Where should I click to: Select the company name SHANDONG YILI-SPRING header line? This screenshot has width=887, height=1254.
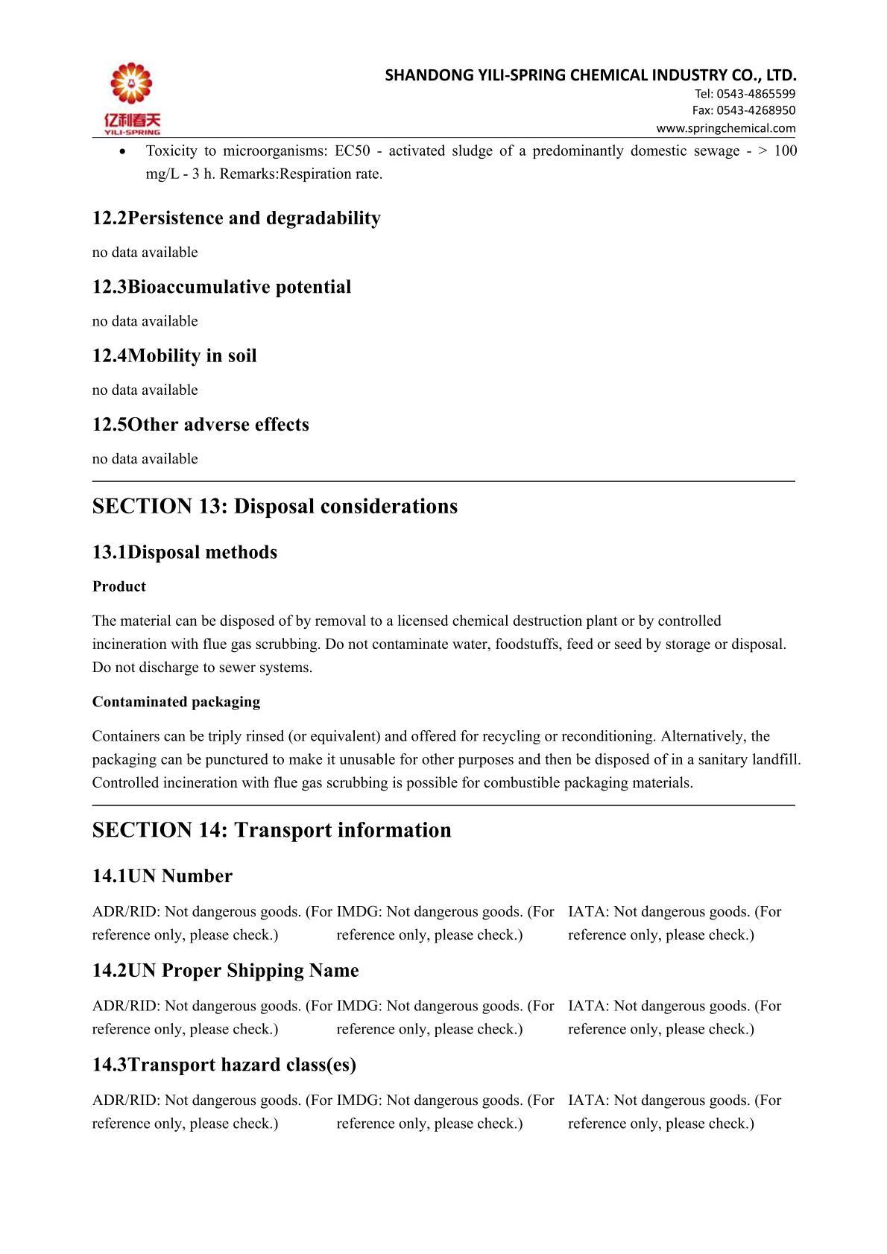[x=590, y=75]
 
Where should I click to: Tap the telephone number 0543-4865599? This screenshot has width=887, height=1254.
[x=756, y=94]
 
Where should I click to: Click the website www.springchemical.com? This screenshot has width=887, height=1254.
[x=725, y=128]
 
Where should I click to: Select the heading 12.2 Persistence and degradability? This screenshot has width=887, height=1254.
[x=236, y=218]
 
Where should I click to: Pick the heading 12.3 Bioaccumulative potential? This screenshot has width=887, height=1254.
[x=221, y=287]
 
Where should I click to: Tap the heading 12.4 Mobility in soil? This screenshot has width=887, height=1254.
[x=174, y=356]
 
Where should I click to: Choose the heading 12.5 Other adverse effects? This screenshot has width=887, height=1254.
[x=201, y=425]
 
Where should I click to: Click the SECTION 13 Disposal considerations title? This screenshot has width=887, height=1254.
[x=275, y=507]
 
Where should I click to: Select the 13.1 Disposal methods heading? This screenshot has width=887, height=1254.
[x=185, y=553]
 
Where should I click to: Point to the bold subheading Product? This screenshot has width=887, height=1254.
[x=119, y=587]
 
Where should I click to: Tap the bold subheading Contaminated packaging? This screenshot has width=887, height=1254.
[x=177, y=702]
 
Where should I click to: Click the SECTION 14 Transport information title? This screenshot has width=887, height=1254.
[x=272, y=831]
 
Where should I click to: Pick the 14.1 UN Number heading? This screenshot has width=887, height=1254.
[x=162, y=876]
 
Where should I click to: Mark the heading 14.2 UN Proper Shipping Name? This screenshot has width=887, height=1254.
[x=226, y=971]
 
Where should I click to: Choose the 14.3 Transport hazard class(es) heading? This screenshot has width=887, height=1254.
[x=224, y=1065]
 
